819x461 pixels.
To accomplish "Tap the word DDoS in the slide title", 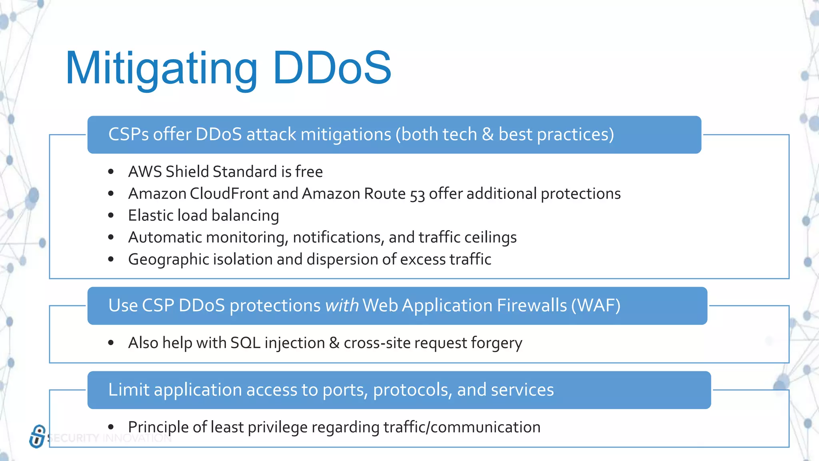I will pos(332,68).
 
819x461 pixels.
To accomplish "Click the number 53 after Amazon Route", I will pos(417,194).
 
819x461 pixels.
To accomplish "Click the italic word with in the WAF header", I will pos(342,305).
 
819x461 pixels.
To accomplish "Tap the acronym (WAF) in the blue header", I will pos(595,305).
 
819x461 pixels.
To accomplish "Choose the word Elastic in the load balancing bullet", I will pos(151,215).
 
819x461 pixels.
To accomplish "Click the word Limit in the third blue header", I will pos(129,390).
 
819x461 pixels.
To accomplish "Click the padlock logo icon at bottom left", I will pos(38,436).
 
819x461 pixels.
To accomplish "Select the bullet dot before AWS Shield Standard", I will pos(111,172).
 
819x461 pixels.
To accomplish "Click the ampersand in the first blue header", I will pos(487,134).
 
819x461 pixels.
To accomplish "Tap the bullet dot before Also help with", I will pos(111,343).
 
